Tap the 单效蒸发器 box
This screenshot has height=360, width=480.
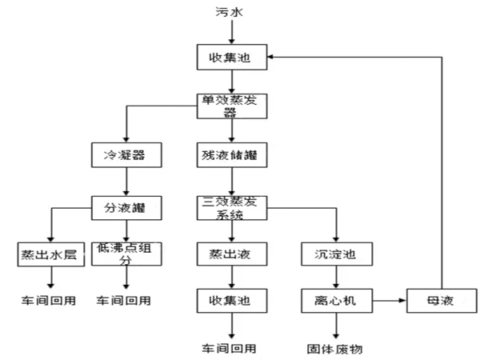(230, 106)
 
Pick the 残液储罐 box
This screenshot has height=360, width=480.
(230, 154)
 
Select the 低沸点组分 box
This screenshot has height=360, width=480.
(126, 254)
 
